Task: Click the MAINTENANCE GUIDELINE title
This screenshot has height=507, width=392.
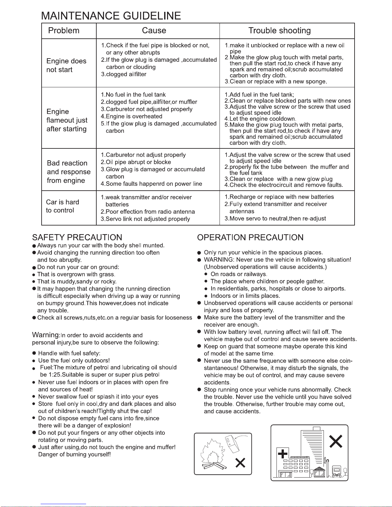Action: (111, 16)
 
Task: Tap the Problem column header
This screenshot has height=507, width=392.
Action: (64, 31)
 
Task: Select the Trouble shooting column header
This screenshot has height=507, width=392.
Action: (279, 31)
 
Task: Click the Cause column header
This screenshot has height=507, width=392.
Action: (154, 31)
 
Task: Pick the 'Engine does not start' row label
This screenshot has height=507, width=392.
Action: (66, 65)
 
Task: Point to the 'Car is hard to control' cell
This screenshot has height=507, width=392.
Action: (62, 206)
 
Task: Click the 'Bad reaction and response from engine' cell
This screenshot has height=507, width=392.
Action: (68, 172)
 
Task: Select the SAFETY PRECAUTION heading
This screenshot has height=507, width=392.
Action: (77, 237)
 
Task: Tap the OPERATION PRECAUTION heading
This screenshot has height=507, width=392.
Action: (250, 237)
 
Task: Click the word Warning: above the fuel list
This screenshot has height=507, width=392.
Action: (46, 335)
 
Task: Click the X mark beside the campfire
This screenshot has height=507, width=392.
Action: (240, 463)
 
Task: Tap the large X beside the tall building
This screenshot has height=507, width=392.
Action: (336, 441)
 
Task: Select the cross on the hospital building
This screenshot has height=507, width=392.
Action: (283, 454)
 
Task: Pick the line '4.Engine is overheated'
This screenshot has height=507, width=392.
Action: (132, 116)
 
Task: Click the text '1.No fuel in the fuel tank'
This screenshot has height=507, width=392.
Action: (133, 95)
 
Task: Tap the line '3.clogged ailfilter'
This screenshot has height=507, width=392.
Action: (124, 74)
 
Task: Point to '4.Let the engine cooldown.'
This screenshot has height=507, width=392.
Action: (260, 119)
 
